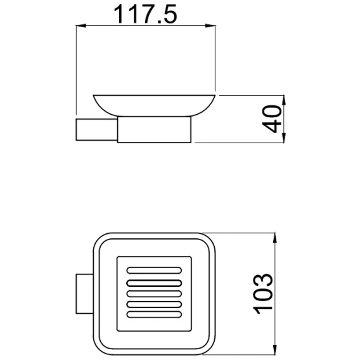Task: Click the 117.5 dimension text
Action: click(x=146, y=14)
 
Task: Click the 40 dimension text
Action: click(x=272, y=119)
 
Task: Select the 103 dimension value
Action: click(x=263, y=294)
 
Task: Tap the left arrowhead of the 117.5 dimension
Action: click(x=81, y=25)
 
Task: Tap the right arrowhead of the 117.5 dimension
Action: click(x=210, y=25)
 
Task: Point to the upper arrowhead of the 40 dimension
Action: click(x=284, y=100)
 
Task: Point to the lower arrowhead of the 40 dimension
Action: click(x=284, y=138)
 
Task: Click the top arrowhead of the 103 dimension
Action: click(x=275, y=238)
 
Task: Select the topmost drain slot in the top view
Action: click(x=154, y=270)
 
